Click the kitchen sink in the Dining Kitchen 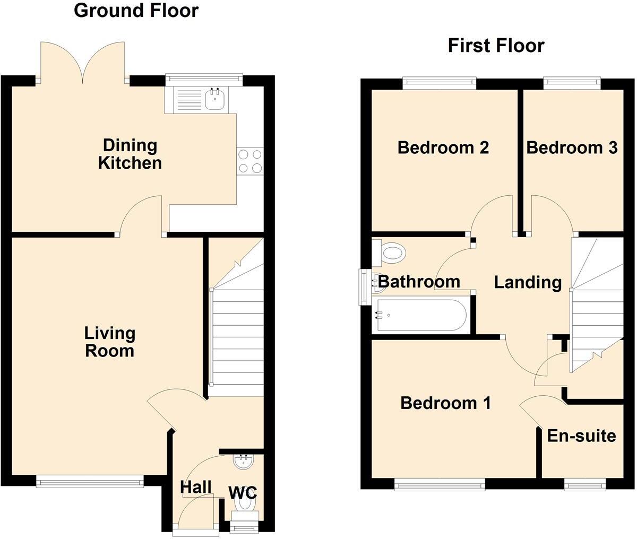[215, 99]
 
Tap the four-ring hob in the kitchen [250, 161]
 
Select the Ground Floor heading [136, 10]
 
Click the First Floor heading [496, 46]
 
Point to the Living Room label [110, 342]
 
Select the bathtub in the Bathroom [420, 315]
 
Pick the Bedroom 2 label [443, 147]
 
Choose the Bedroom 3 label [572, 147]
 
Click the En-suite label [581, 436]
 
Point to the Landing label [528, 282]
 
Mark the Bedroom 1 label [445, 403]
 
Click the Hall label [196, 487]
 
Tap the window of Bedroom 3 [572, 82]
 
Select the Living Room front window [90, 482]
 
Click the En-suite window [584, 484]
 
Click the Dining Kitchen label [130, 154]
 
